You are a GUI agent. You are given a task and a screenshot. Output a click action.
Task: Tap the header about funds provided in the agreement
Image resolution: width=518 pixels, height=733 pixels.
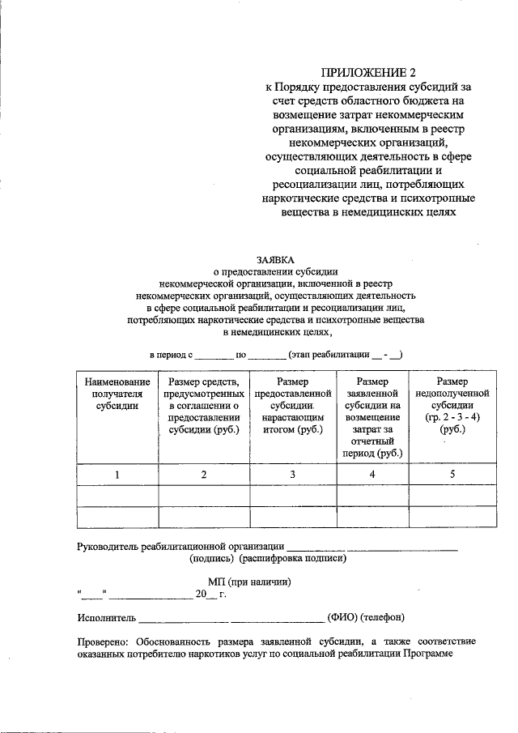[203, 406]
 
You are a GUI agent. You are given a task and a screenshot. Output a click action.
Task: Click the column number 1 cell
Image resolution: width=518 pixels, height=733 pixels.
[117, 475]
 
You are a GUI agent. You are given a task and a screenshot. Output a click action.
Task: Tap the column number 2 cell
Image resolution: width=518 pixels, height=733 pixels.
[203, 475]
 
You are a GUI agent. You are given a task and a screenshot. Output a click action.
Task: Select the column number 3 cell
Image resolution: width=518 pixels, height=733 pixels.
[292, 475]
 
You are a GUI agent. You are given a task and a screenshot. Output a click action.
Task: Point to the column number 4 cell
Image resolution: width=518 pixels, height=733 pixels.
[372, 475]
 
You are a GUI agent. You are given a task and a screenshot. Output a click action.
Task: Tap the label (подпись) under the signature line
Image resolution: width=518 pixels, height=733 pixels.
[212, 558]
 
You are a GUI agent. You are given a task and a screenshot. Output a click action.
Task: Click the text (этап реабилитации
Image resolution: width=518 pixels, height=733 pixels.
[329, 355]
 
